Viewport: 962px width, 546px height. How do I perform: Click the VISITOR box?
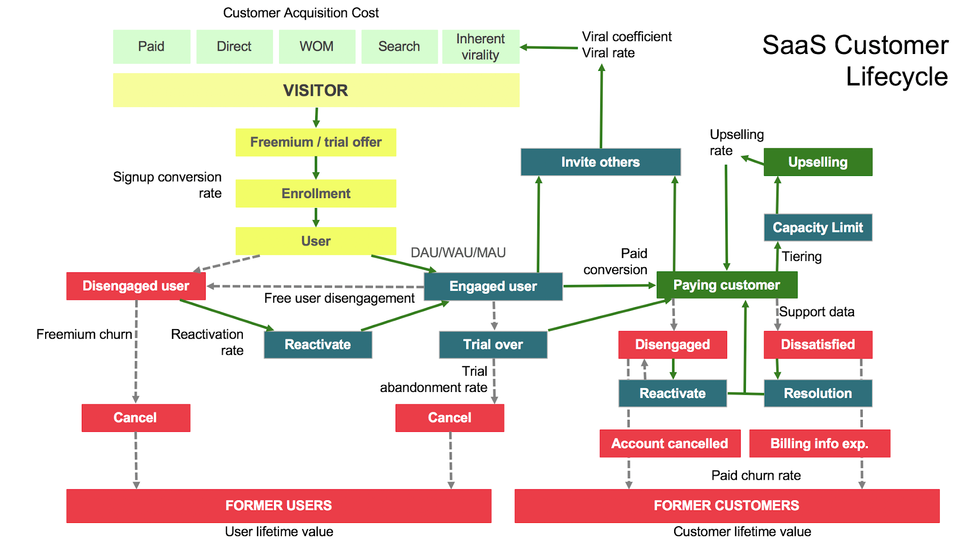click(x=316, y=90)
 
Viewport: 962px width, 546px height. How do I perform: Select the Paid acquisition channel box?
click(x=151, y=46)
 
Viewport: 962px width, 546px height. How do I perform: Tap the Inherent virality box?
click(x=480, y=46)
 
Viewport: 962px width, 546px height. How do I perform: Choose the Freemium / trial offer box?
click(x=316, y=142)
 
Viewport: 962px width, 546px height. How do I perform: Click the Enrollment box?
click(x=316, y=193)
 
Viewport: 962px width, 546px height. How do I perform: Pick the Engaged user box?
click(x=493, y=286)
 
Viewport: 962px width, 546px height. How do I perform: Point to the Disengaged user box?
click(x=136, y=286)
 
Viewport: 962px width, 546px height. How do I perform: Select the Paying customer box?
click(x=726, y=285)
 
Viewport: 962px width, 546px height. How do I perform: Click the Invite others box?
click(x=600, y=162)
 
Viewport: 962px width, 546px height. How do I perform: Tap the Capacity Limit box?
click(x=817, y=228)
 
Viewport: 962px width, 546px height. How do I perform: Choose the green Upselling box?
click(x=817, y=162)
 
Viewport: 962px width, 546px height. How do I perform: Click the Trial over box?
click(x=493, y=345)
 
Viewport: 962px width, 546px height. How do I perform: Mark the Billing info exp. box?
click(x=819, y=444)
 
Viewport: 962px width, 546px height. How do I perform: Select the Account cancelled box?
click(x=669, y=444)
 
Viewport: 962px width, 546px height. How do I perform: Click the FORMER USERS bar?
click(x=279, y=506)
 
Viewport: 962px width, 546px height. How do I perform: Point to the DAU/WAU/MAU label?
click(x=458, y=253)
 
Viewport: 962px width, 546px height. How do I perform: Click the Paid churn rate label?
click(x=756, y=476)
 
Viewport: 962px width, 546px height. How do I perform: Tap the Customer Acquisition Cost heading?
click(x=301, y=13)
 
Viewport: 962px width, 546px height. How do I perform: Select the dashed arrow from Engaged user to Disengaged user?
click(x=315, y=286)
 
